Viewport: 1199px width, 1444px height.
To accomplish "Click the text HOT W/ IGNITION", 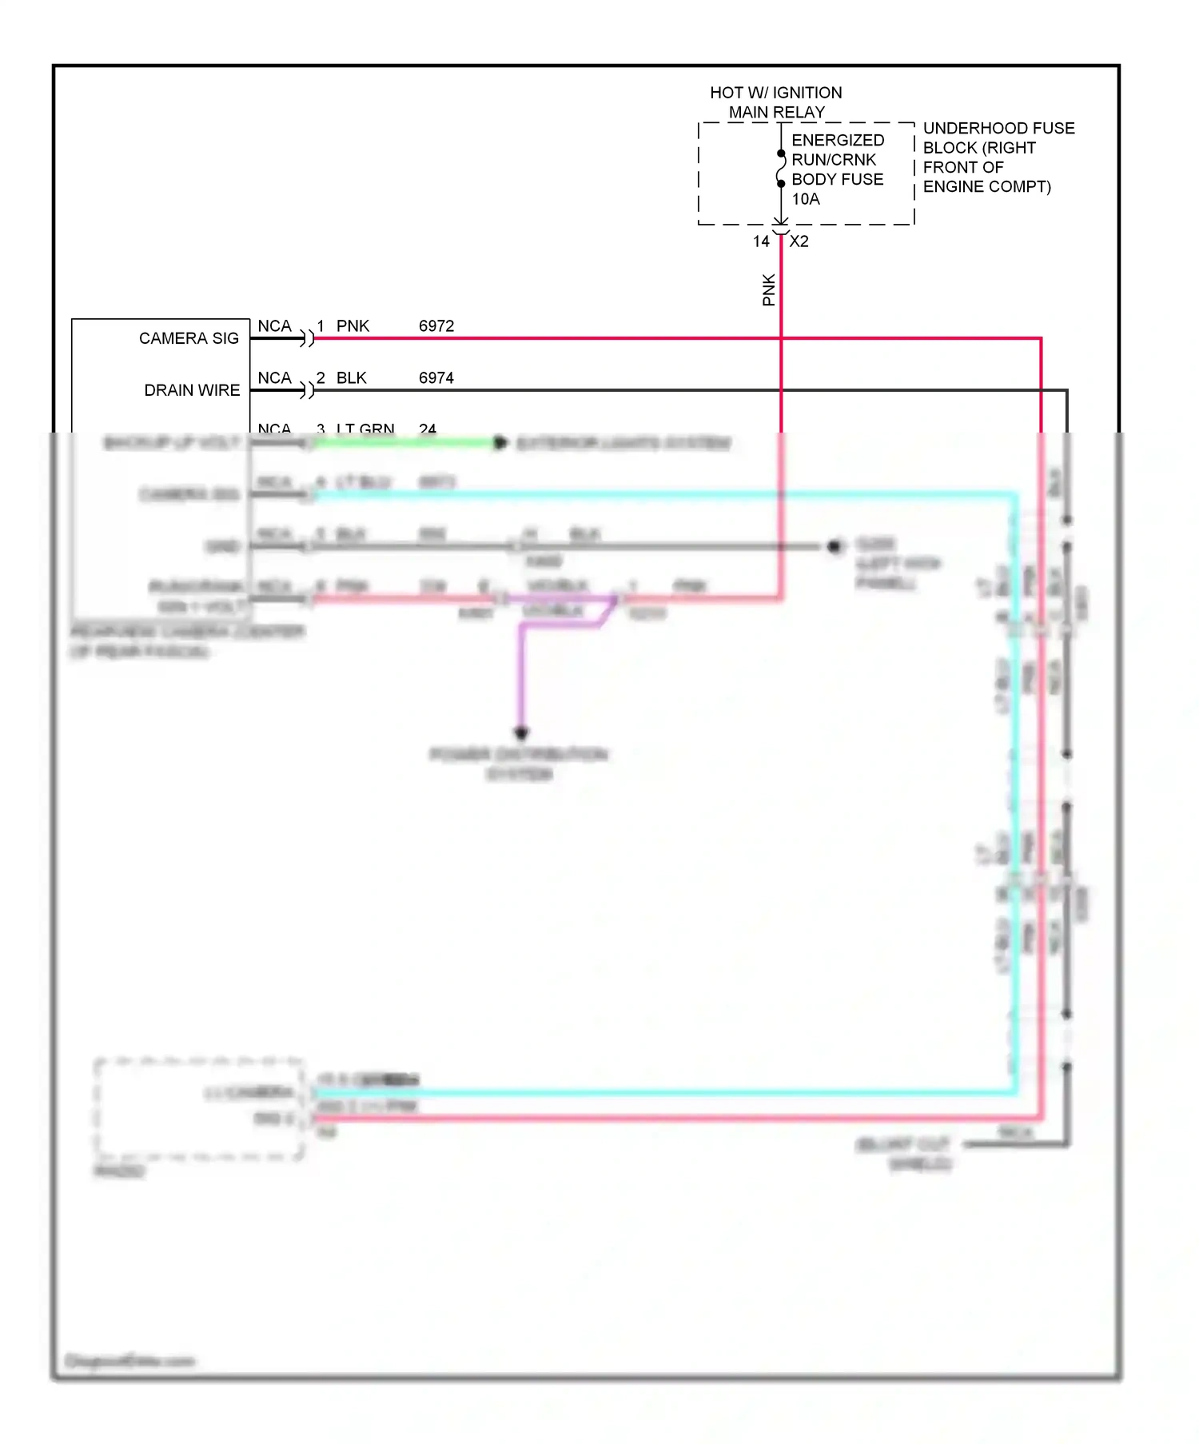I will tap(775, 93).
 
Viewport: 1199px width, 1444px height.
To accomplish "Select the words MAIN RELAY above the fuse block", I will tap(776, 113).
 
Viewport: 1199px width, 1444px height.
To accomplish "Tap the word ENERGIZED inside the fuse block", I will tap(838, 140).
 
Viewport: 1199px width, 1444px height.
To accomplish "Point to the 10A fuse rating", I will tap(806, 199).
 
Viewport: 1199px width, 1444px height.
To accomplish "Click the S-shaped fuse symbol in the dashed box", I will tap(781, 169).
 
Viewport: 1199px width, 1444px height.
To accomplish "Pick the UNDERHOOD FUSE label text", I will tap(998, 128).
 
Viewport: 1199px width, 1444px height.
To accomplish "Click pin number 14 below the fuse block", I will tap(761, 241).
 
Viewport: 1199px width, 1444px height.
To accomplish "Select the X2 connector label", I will tap(799, 241).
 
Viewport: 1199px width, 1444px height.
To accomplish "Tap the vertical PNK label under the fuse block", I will tap(769, 289).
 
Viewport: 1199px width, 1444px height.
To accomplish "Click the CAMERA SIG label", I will tap(189, 338).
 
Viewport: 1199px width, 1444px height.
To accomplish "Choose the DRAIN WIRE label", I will tap(192, 390).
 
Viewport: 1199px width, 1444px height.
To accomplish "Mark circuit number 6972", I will tap(436, 326).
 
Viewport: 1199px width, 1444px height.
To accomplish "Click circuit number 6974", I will tap(436, 378).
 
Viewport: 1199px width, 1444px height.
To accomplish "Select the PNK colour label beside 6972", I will tap(353, 326).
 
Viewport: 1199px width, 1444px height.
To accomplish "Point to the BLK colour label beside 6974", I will tap(351, 378).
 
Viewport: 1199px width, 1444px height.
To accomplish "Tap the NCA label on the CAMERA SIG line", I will tap(274, 326).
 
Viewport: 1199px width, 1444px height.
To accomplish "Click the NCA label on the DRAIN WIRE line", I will tap(274, 378).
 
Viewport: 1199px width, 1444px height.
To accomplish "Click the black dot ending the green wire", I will tap(500, 442).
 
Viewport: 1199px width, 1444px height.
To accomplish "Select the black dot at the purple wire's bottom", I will tap(521, 732).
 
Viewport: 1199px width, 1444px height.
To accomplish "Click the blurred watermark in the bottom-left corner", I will tap(129, 1361).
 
